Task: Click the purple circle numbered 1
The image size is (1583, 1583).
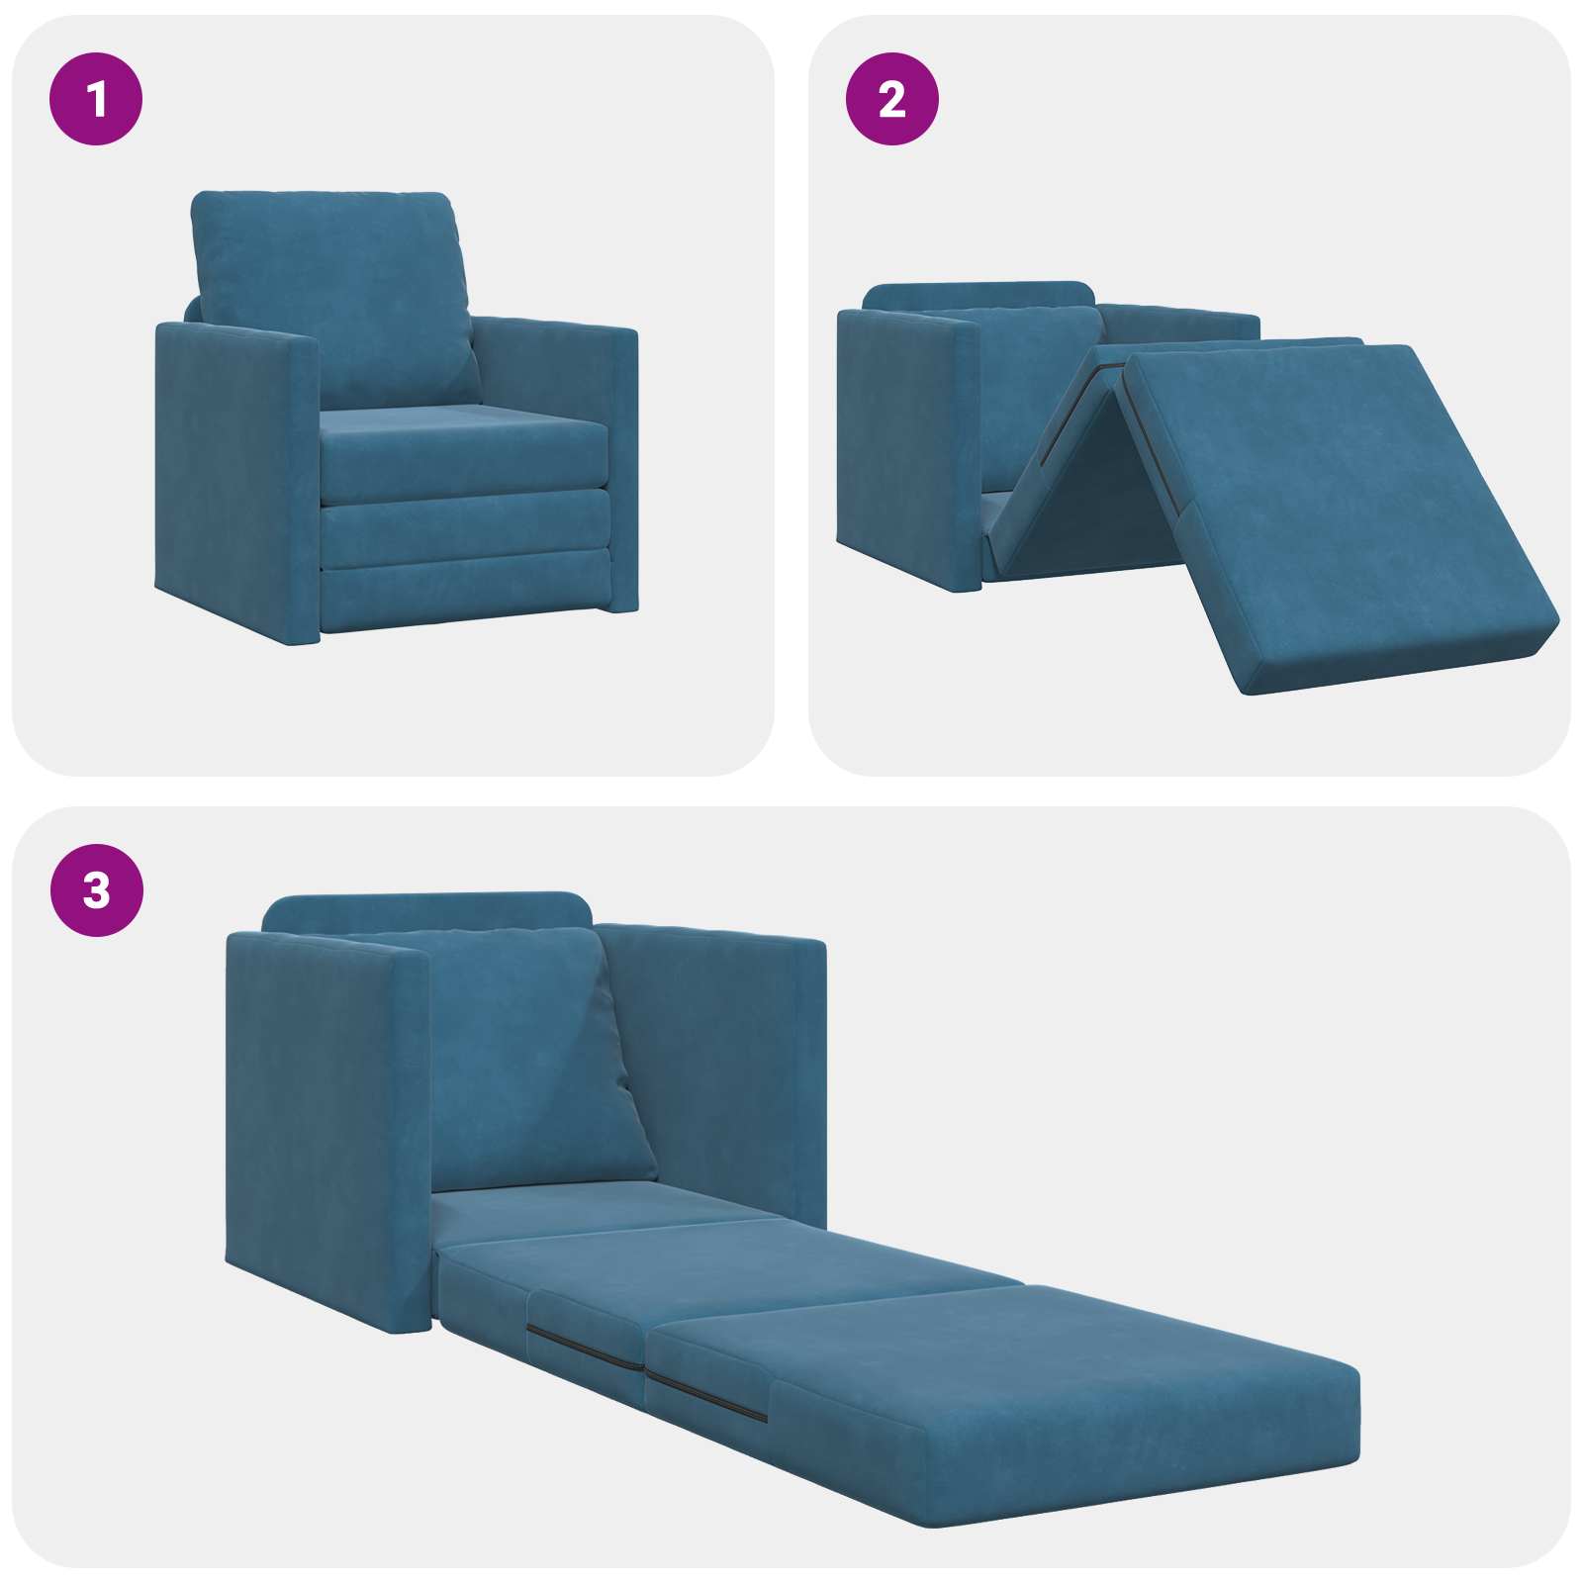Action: click(96, 99)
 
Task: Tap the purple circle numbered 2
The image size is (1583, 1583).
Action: click(891, 99)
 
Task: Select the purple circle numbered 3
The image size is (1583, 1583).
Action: click(96, 889)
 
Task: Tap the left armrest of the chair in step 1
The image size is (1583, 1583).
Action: click(237, 485)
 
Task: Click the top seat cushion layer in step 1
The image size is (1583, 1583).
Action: click(463, 455)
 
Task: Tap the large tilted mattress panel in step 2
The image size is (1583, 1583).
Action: click(1336, 514)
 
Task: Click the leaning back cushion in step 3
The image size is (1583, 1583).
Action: click(524, 1059)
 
